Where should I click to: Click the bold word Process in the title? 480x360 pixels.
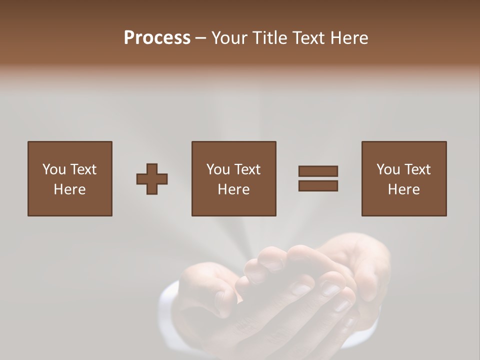coord(157,38)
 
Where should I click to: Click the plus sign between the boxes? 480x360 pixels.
coord(152,179)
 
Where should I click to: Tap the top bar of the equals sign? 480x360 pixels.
coord(318,171)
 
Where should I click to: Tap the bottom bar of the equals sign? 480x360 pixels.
coord(318,186)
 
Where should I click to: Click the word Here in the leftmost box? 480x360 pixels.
coord(69,189)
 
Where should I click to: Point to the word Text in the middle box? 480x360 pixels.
coord(247,169)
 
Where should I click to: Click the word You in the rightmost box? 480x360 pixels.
coord(388,169)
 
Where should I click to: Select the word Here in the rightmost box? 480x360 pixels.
coord(404,189)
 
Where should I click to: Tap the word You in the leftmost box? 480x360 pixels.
coord(54,169)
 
